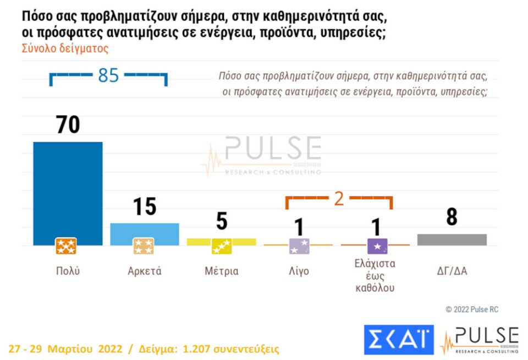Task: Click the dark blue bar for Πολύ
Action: click(x=68, y=187)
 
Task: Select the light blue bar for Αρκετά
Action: click(x=144, y=231)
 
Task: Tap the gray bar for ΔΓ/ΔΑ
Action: click(x=452, y=239)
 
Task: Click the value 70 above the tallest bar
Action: click(x=68, y=125)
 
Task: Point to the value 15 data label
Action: click(x=144, y=207)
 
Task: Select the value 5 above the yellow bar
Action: click(x=221, y=222)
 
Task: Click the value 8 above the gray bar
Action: click(x=452, y=217)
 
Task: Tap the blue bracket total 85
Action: click(x=108, y=75)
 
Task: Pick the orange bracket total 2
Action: click(x=339, y=198)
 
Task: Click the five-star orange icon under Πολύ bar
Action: click(x=66, y=246)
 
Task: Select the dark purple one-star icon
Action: click(x=377, y=246)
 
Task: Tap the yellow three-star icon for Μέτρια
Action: click(x=222, y=246)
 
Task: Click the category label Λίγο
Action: click(x=299, y=271)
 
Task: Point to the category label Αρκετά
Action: click(x=144, y=271)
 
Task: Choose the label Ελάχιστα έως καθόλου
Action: click(x=376, y=275)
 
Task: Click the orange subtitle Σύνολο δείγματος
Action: click(x=65, y=48)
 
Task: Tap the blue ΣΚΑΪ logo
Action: click(x=398, y=340)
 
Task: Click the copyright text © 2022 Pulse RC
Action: click(x=471, y=309)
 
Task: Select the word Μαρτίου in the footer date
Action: click(x=71, y=349)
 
